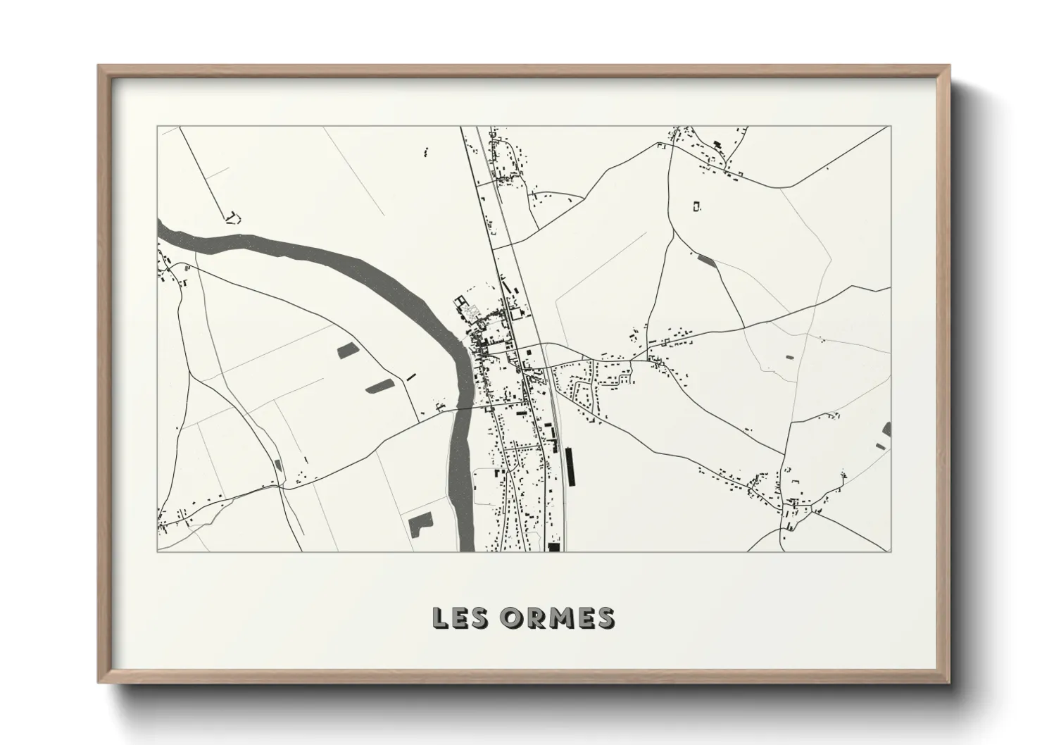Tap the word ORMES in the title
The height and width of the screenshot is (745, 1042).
point(555,618)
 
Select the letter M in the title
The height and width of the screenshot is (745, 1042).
point(555,618)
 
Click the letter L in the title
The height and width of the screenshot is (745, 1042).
point(440,618)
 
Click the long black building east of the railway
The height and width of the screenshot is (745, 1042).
point(570,467)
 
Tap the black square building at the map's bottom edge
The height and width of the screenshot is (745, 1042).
point(553,546)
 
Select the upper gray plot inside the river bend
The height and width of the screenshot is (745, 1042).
point(347,350)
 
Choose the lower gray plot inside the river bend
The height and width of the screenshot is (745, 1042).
point(379,385)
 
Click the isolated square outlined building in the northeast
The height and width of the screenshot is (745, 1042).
point(697,206)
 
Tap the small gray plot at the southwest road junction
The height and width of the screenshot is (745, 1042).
point(277,465)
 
